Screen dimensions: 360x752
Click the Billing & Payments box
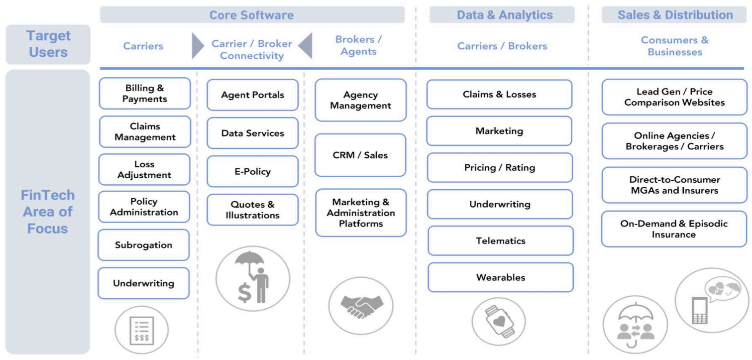coord(144,93)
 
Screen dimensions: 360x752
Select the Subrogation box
coord(143,245)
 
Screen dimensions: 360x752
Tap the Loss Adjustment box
coord(144,169)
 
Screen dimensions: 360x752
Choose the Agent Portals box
coord(252,95)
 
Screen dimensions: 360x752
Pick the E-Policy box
coord(252,171)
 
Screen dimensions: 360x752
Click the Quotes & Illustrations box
coord(252,210)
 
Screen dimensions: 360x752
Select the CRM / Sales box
coord(360,155)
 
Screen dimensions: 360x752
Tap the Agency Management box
coord(360,100)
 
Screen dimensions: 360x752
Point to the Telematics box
coord(500,240)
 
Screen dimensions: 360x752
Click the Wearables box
coord(500,277)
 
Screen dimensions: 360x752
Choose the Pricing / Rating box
coord(500,167)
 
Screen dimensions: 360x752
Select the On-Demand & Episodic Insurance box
coord(674,229)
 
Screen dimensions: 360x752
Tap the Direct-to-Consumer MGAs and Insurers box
coord(674,185)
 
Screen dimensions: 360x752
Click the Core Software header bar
coord(252,15)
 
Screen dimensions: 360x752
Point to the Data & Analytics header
coord(502,15)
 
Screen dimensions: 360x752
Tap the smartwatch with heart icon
coord(499,319)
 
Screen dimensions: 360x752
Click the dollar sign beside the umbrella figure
coord(244,292)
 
